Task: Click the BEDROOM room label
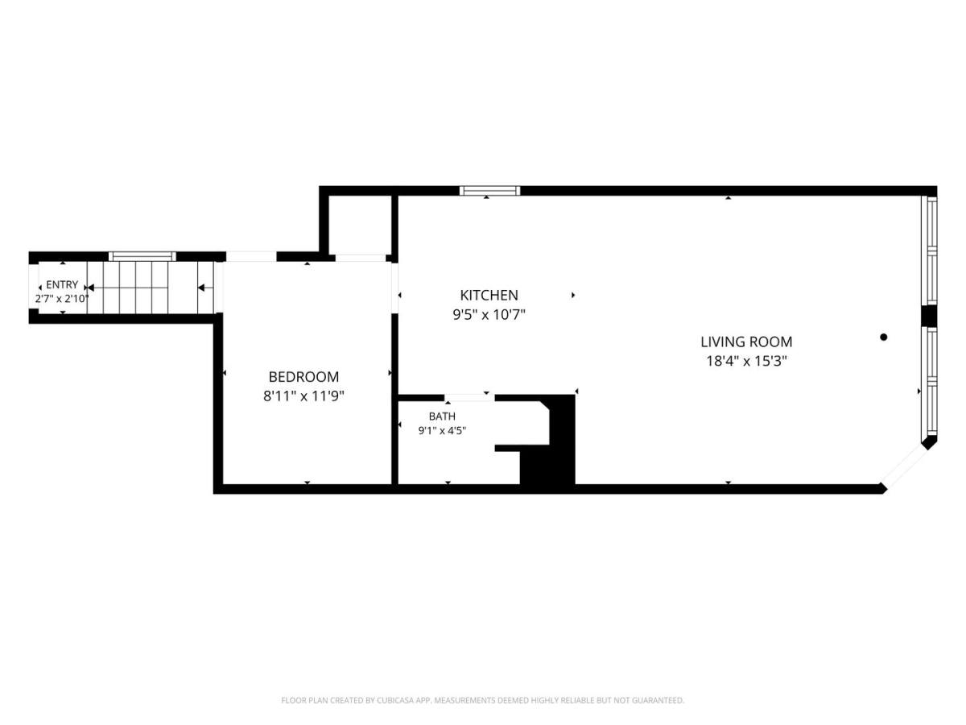click(303, 377)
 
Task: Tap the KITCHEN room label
click(489, 295)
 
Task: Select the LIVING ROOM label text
click(746, 342)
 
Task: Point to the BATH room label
click(442, 416)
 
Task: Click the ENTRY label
click(62, 284)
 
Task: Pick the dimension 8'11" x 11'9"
click(303, 396)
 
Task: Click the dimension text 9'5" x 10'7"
click(489, 315)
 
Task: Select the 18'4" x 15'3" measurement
click(746, 361)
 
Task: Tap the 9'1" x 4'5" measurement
click(442, 430)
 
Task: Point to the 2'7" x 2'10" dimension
click(62, 299)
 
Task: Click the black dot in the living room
click(883, 338)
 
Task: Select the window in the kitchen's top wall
click(489, 191)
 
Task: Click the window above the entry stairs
click(142, 256)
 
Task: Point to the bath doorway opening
click(469, 398)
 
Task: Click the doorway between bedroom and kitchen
click(394, 288)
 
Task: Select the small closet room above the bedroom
click(360, 225)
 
